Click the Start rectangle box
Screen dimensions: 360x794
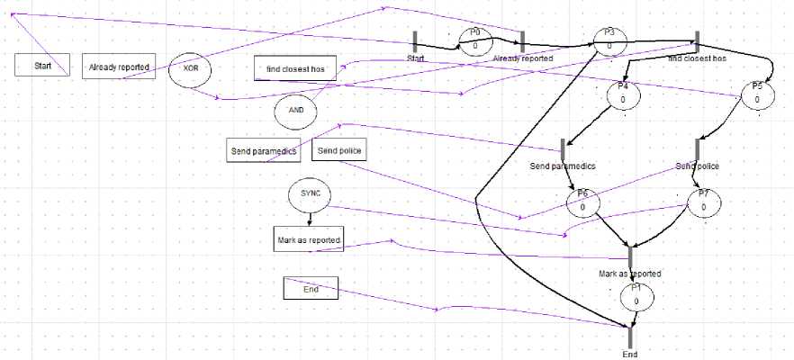(x=42, y=67)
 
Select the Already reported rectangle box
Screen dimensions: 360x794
(x=119, y=67)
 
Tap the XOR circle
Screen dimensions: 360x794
(x=191, y=68)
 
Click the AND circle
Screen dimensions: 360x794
(x=296, y=110)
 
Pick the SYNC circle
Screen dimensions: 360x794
(x=310, y=194)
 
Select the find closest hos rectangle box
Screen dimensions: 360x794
(x=295, y=68)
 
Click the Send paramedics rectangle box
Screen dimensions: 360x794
(x=263, y=150)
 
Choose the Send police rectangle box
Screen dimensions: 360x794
(x=339, y=150)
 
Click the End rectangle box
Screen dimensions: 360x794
(x=311, y=289)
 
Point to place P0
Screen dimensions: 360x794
(x=475, y=40)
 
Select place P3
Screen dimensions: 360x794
(x=609, y=40)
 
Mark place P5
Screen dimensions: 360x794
(x=757, y=94)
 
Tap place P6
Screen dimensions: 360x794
(x=582, y=202)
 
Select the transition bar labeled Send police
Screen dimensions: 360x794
(x=698, y=149)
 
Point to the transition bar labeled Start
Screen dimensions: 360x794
(x=416, y=41)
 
